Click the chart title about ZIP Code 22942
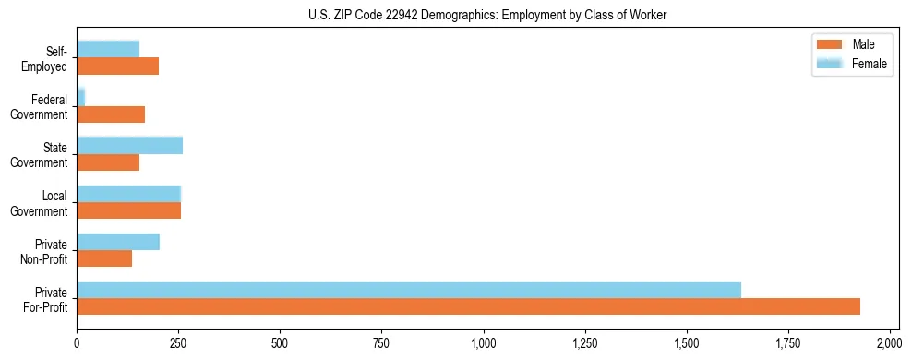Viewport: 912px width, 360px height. (455, 15)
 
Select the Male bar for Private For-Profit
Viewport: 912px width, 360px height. (468, 306)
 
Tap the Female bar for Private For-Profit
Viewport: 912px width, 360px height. (409, 290)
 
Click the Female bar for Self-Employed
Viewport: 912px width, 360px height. (108, 49)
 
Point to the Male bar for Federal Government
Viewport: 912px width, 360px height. (111, 114)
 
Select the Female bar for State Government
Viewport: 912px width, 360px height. (129, 145)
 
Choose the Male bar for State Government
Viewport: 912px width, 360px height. (108, 162)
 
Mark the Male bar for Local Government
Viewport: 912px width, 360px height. (128, 210)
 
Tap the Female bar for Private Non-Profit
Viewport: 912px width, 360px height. (118, 242)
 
